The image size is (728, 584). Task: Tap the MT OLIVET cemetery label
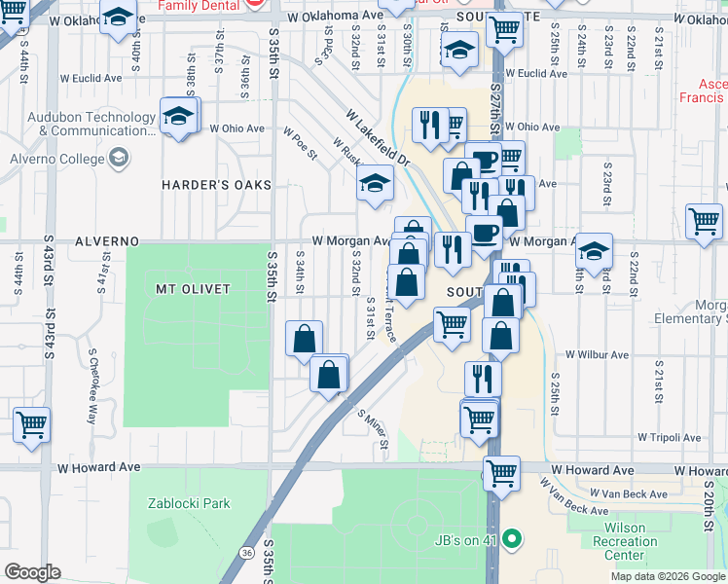tap(192, 289)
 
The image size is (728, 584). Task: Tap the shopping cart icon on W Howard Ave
tap(501, 473)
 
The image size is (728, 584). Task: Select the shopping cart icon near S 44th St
tap(32, 424)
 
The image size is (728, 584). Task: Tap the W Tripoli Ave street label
tap(669, 438)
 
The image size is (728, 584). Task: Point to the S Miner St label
tap(374, 433)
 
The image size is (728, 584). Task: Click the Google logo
tap(34, 572)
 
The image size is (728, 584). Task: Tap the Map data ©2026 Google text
tap(667, 576)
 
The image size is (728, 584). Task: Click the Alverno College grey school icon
tap(118, 158)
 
